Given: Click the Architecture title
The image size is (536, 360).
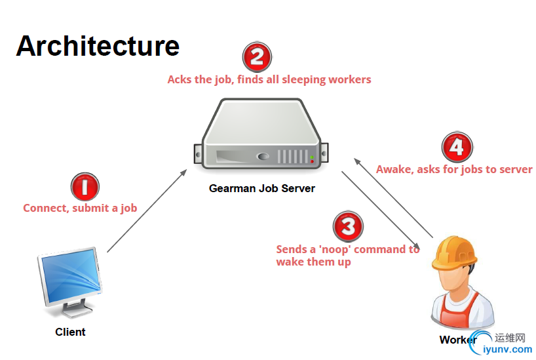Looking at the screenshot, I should click(98, 46).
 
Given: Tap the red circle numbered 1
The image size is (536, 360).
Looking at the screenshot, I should click(85, 187).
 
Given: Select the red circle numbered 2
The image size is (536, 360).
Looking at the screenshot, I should click(257, 58).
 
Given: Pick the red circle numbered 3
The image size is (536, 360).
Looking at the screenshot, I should click(347, 227).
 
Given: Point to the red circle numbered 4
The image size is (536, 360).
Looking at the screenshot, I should click(457, 147).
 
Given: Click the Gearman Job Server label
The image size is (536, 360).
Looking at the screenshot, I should click(261, 188).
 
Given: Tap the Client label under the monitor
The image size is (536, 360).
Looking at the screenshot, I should click(70, 332).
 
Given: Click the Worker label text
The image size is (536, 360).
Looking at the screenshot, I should click(458, 340).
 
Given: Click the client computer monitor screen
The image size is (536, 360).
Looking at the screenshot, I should click(69, 274).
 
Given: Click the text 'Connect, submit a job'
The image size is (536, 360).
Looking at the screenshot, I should click(80, 208).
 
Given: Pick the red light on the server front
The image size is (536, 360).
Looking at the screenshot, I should click(312, 160).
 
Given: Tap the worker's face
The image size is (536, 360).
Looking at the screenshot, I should click(454, 281).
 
